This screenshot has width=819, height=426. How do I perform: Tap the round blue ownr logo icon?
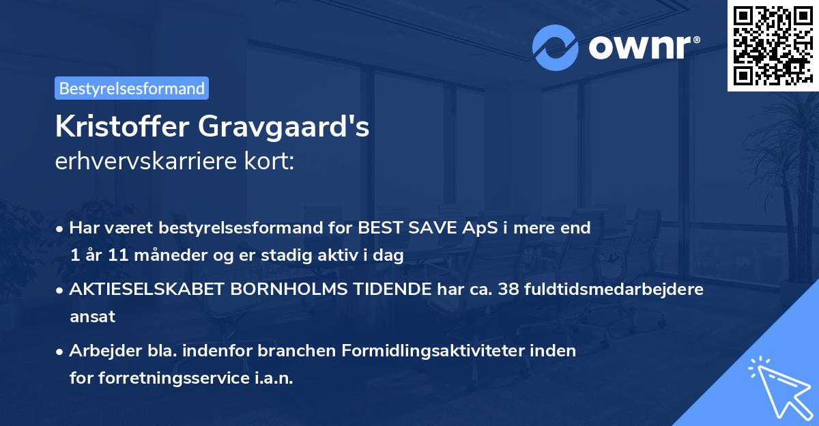tap(556, 47)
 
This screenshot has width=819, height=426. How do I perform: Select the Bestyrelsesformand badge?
tap(132, 88)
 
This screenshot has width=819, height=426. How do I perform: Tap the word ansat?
tap(92, 317)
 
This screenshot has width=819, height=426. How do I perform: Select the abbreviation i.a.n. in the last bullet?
tap(272, 378)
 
